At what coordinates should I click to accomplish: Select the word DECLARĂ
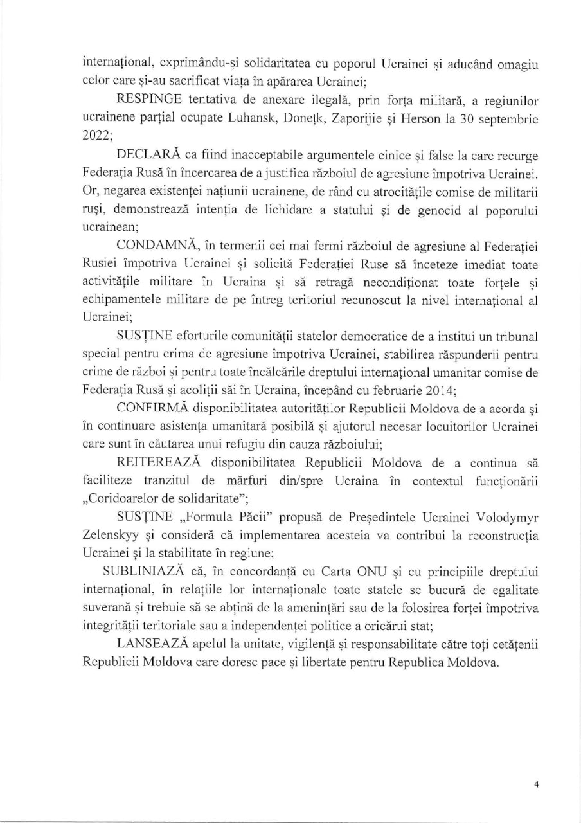pyautogui.click(x=150, y=156)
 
